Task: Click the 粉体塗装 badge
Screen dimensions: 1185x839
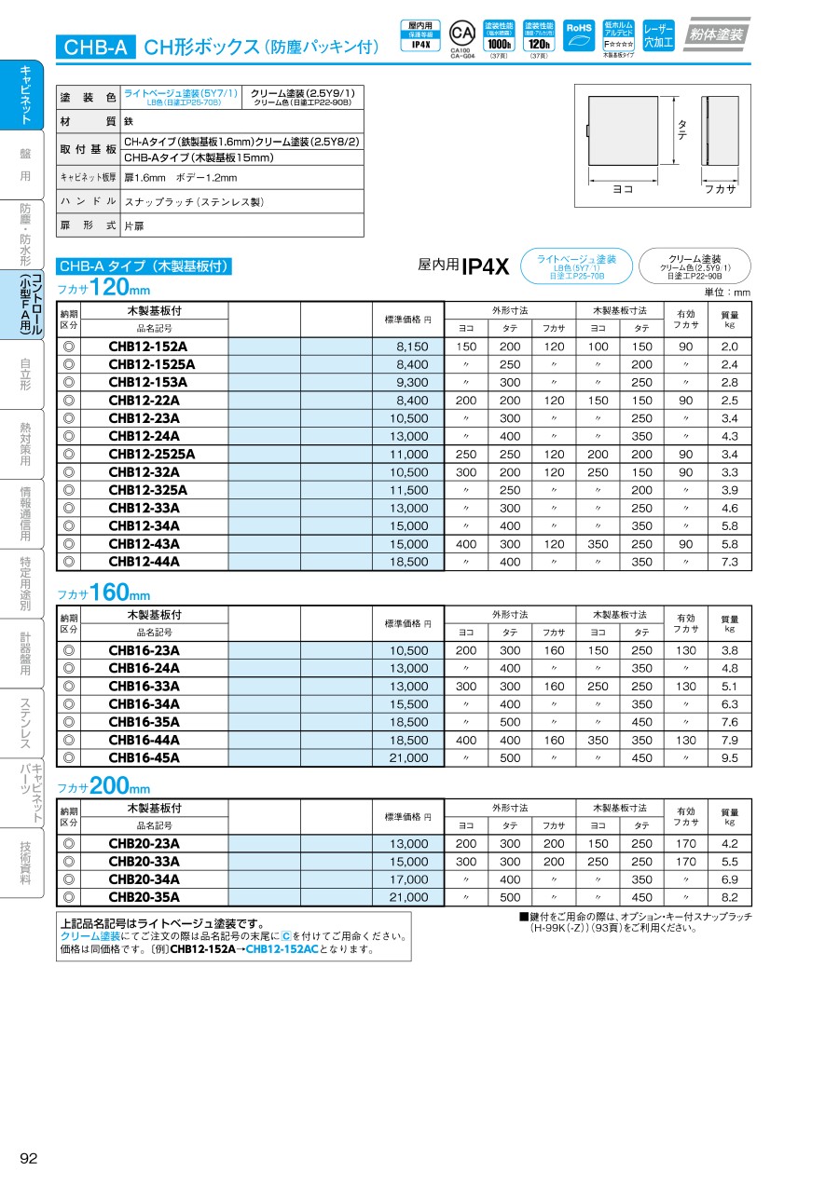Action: point(716,34)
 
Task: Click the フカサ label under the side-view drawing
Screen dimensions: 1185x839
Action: point(720,188)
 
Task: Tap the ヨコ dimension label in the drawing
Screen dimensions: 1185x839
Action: point(623,188)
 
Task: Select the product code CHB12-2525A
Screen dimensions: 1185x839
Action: point(152,455)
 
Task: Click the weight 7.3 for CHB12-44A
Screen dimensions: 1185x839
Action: point(729,562)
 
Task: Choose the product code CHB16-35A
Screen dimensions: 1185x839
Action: point(144,722)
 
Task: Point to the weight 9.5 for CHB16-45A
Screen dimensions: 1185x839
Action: point(729,758)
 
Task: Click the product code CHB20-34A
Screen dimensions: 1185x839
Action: point(144,879)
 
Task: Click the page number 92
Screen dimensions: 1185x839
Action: point(28,1158)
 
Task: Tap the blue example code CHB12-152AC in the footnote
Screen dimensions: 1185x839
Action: point(282,950)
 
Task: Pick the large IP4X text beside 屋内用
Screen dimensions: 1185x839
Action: point(486,266)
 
